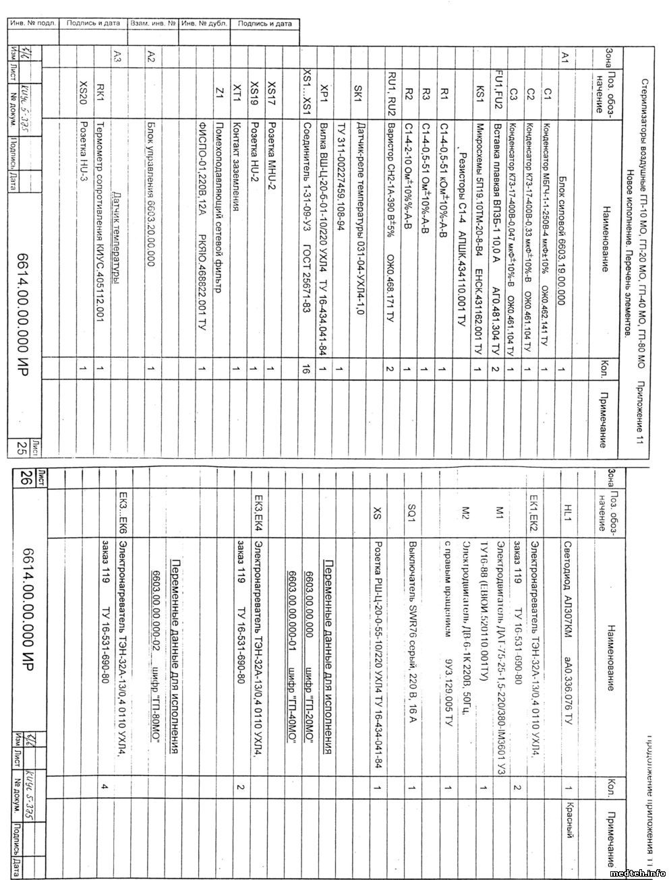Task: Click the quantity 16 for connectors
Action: tap(307, 369)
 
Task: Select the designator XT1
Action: tap(236, 88)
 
